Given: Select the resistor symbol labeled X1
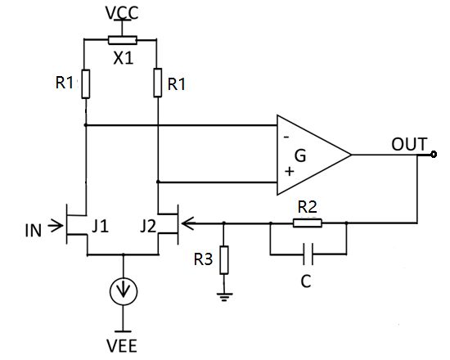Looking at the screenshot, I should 123,38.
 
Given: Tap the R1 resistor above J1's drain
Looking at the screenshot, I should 85,83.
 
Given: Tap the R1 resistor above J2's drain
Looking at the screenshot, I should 158,83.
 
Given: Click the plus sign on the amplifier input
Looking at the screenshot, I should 287,173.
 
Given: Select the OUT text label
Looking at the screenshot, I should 409,144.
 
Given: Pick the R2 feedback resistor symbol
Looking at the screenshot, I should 308,222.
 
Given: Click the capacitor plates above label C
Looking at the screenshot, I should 308,254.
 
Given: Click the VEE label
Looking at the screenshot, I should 123,342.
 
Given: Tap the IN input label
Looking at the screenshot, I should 34,223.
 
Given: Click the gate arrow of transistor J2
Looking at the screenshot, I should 185,222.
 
